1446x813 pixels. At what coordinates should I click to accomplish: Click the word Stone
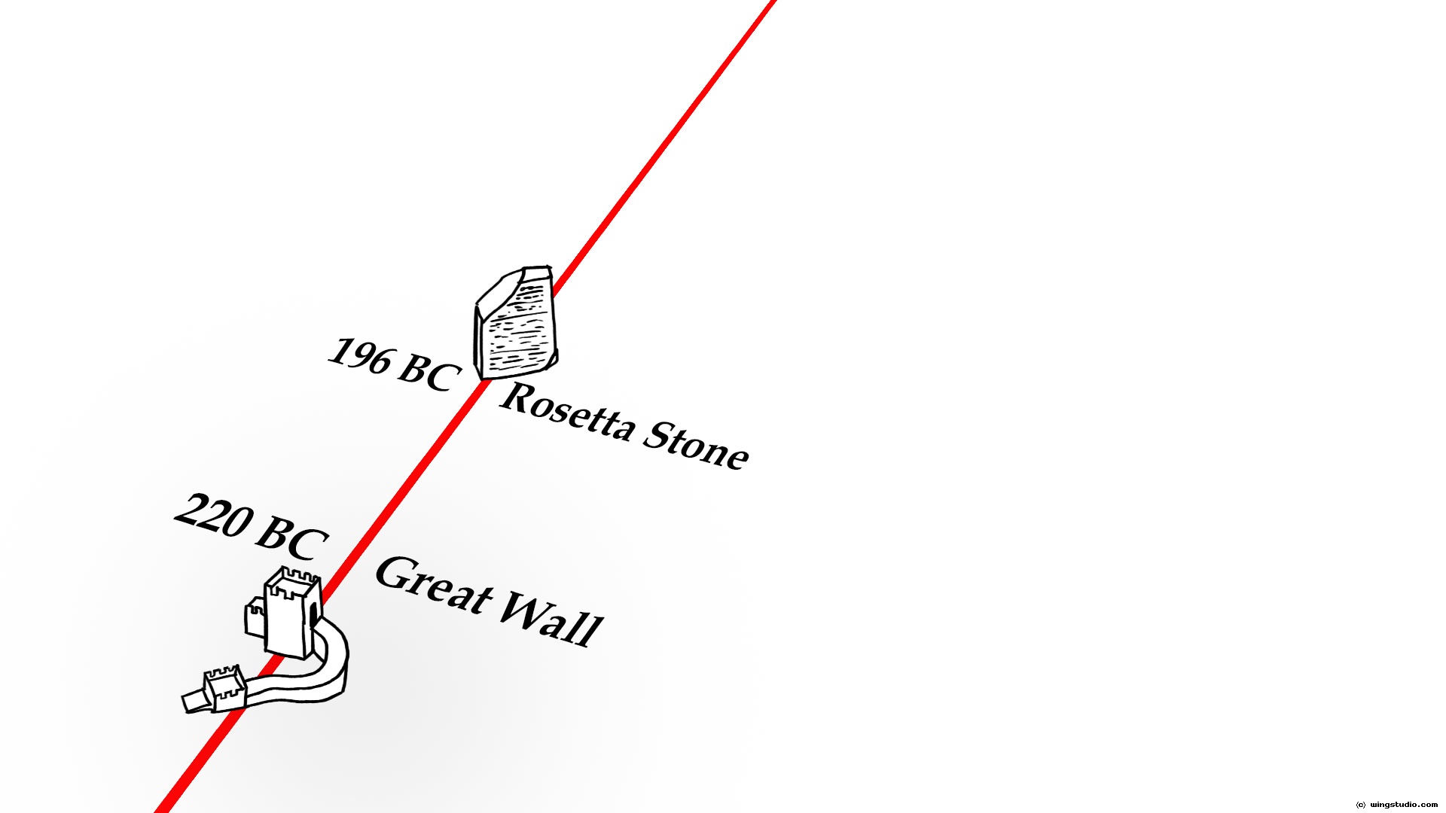(x=697, y=446)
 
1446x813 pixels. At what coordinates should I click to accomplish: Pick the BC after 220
(x=292, y=539)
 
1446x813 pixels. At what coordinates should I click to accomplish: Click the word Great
(x=432, y=584)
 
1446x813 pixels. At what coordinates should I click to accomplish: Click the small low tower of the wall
(x=224, y=689)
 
